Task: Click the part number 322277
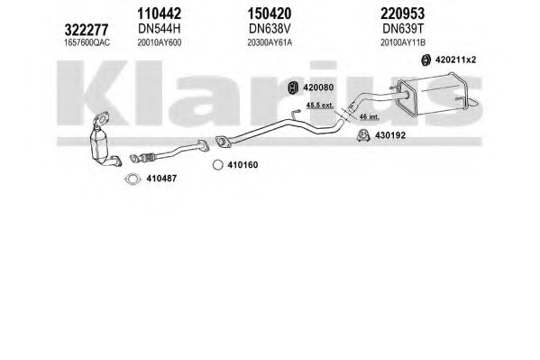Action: click(x=87, y=30)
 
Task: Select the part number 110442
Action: click(x=159, y=14)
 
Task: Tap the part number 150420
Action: click(x=270, y=14)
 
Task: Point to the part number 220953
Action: click(x=403, y=14)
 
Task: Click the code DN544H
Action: click(x=159, y=29)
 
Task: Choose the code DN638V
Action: click(x=270, y=29)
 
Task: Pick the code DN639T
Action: click(x=403, y=29)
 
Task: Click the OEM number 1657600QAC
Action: click(x=87, y=42)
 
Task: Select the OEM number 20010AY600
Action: click(x=159, y=42)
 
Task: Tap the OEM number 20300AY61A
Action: click(x=270, y=42)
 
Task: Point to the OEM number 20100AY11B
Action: click(x=403, y=42)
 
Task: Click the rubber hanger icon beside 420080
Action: click(x=293, y=88)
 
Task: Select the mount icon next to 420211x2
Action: click(x=426, y=60)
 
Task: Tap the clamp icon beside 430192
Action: click(x=363, y=135)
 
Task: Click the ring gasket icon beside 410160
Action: click(x=217, y=165)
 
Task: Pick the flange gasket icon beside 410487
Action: click(x=133, y=179)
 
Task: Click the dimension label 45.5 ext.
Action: click(x=320, y=106)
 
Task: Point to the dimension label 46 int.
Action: click(x=369, y=117)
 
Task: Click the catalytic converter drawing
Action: click(x=104, y=141)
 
